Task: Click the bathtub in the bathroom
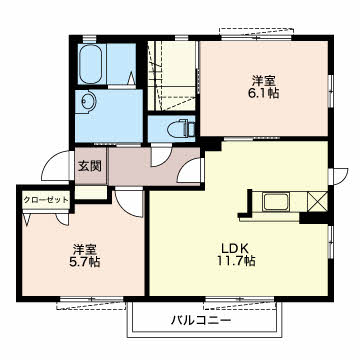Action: click(x=90, y=64)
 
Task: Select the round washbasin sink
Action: click(x=89, y=100)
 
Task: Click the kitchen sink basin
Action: click(x=276, y=202)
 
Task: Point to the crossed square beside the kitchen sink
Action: click(x=317, y=201)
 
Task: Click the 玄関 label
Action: click(x=90, y=166)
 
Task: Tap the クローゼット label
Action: click(x=46, y=200)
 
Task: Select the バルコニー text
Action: click(x=201, y=321)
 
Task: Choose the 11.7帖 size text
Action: click(x=237, y=260)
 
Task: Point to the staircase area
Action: click(x=172, y=76)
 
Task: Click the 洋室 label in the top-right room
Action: click(x=265, y=81)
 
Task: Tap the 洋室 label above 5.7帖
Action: click(x=85, y=249)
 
